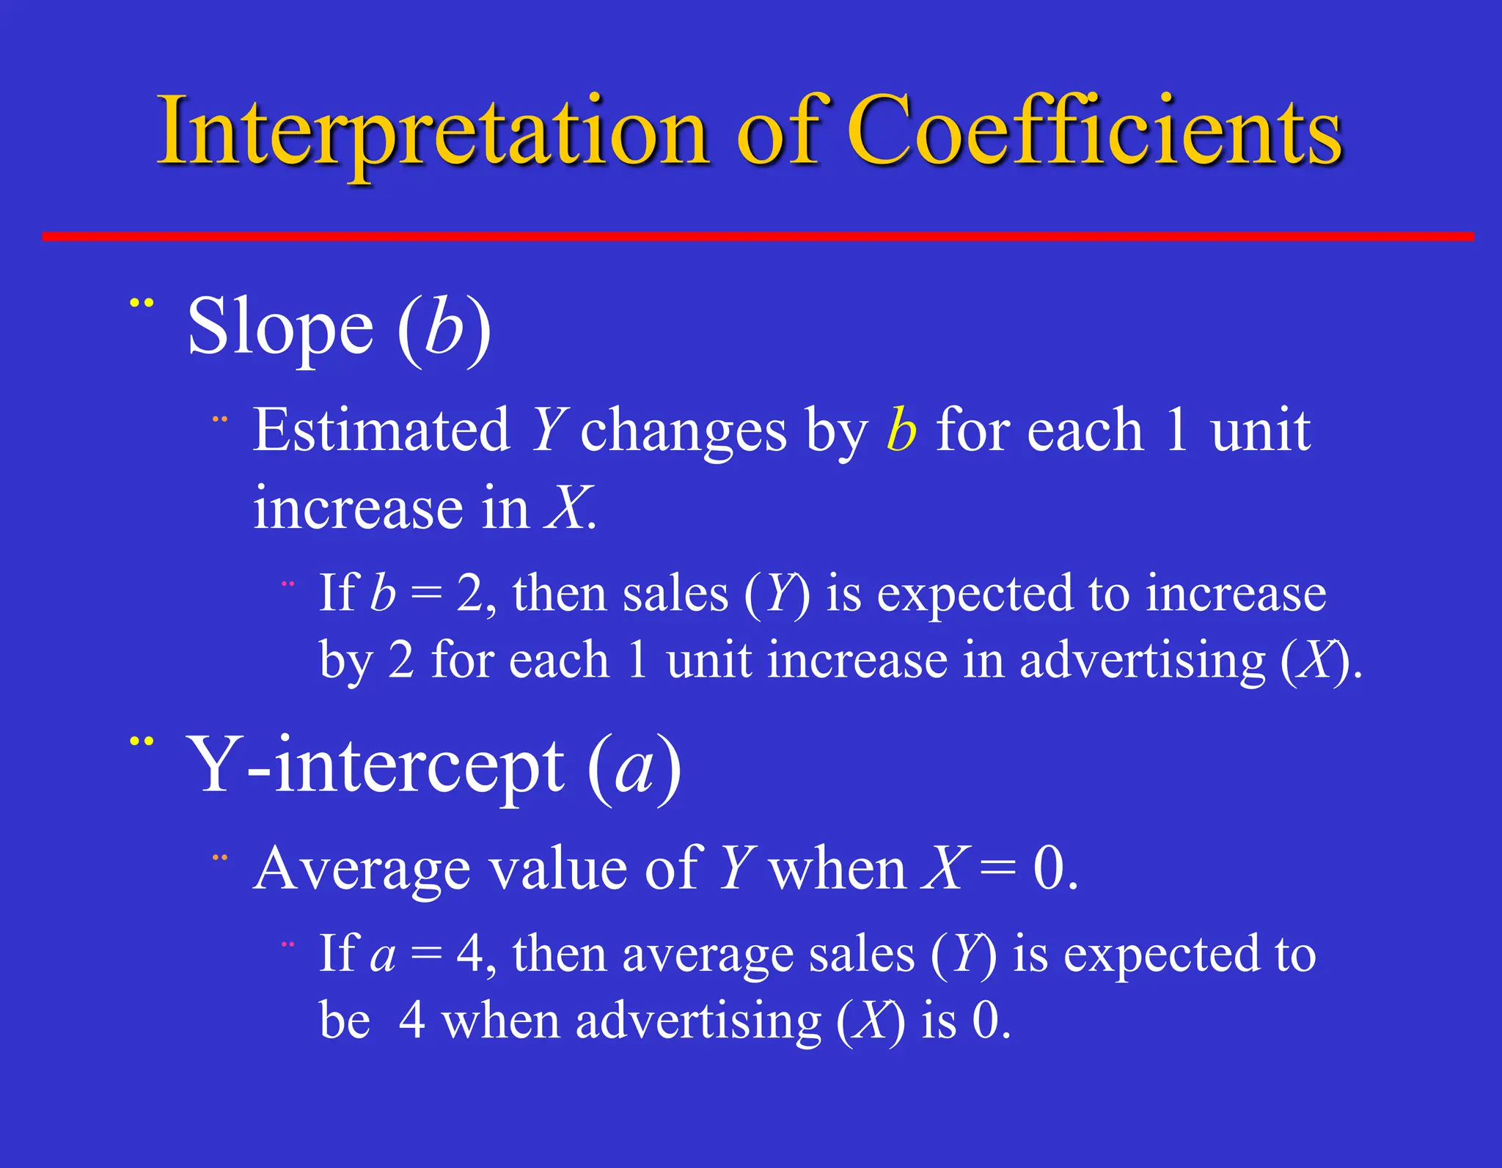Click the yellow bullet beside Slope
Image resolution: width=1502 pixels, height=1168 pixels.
(142, 302)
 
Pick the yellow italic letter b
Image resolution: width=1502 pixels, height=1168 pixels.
(901, 430)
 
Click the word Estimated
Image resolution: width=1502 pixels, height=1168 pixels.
(381, 430)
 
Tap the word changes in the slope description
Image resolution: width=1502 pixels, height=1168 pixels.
(683, 432)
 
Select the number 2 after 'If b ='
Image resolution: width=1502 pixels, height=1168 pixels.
(469, 594)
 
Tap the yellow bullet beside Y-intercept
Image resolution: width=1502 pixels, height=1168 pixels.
(142, 741)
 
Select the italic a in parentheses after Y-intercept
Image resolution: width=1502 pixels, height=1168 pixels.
(634, 770)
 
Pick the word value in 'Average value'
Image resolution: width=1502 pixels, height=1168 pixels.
(558, 870)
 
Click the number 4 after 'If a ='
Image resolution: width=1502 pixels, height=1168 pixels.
(469, 955)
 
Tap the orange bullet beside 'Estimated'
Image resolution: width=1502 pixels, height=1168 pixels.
(220, 420)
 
